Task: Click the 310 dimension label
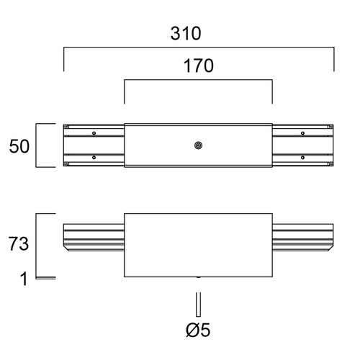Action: [186, 33]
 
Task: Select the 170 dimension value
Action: [199, 66]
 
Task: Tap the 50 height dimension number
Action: [19, 146]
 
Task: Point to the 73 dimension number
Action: [19, 243]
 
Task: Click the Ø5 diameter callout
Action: [198, 330]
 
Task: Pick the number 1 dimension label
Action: [24, 279]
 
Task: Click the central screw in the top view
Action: [198, 145]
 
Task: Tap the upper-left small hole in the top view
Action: [94, 133]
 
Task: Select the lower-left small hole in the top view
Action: [94, 158]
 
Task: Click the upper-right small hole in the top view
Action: [302, 133]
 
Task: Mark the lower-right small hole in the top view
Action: [302, 158]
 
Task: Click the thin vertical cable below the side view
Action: [198, 305]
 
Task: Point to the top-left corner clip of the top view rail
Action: [66, 126]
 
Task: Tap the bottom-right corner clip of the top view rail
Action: [331, 164]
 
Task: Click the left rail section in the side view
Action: [94, 238]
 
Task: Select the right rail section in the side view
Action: [303, 238]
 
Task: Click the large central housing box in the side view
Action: [198, 245]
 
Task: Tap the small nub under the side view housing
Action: [198, 277]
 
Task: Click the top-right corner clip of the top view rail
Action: [331, 126]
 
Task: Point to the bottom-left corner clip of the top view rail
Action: [66, 164]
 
